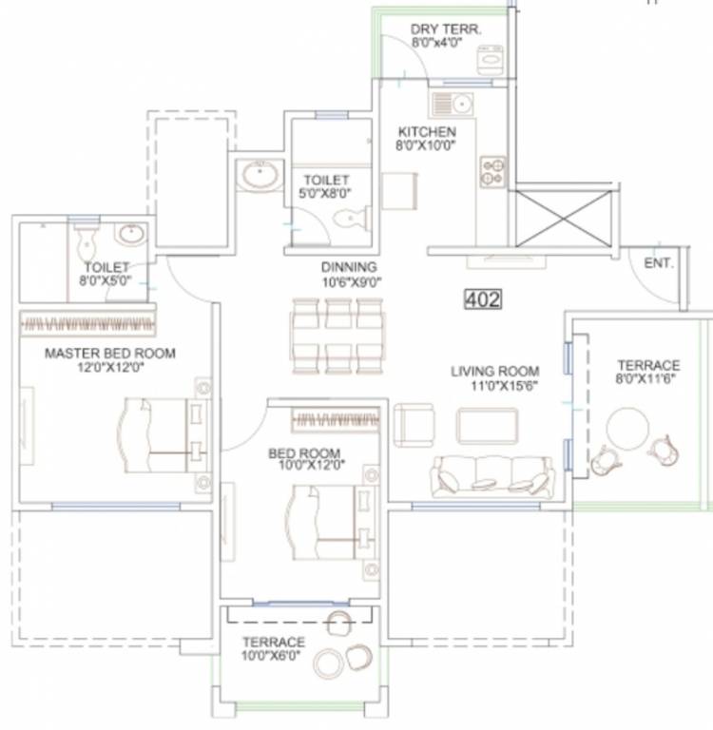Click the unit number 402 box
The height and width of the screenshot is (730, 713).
[x=483, y=298]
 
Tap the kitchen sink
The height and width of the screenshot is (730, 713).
[x=453, y=104]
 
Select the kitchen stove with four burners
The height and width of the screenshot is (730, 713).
[x=492, y=172]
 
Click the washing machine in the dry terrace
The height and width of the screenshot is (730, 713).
[x=490, y=60]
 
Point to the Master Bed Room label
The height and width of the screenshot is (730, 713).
[x=110, y=354]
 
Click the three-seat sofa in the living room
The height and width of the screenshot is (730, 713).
[x=492, y=477]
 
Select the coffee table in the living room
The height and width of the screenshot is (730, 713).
[x=487, y=426]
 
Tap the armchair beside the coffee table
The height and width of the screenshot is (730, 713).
[x=414, y=425]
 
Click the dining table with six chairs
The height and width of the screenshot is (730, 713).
[x=338, y=336]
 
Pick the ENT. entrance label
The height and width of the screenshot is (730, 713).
[x=659, y=263]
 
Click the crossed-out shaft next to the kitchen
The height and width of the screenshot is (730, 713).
[x=563, y=218]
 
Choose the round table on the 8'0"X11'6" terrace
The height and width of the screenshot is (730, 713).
[x=627, y=429]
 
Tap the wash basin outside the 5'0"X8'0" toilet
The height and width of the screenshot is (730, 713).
[x=260, y=175]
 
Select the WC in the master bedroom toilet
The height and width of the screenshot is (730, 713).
[x=87, y=243]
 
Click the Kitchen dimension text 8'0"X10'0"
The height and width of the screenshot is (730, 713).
[x=426, y=145]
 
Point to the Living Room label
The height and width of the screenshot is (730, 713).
[x=495, y=372]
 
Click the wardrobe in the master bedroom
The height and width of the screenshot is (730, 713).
[x=88, y=323]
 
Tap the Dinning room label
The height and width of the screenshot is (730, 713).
[x=349, y=267]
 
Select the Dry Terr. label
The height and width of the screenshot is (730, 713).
[x=446, y=29]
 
